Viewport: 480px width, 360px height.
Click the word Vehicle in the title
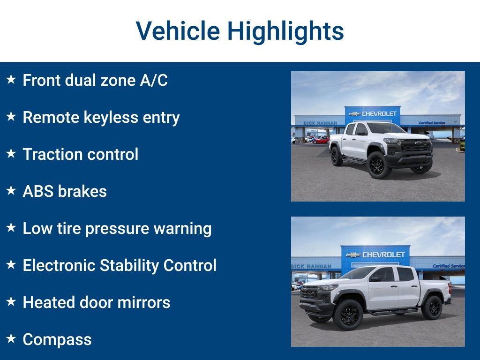(178, 31)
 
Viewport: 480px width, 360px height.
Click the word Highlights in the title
(285, 31)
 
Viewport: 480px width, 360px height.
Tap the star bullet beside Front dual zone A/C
(11, 80)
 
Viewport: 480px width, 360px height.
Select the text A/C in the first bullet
(153, 80)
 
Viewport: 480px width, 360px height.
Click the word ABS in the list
(39, 191)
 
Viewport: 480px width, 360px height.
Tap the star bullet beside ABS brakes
(11, 191)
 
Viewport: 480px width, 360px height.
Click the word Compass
(57, 339)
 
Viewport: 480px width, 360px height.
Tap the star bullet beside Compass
(11, 339)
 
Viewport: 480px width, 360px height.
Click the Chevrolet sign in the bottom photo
(375, 255)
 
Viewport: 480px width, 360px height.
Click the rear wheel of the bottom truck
(431, 307)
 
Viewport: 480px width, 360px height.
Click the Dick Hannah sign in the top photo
(320, 123)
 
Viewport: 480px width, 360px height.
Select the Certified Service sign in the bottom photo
(448, 266)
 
